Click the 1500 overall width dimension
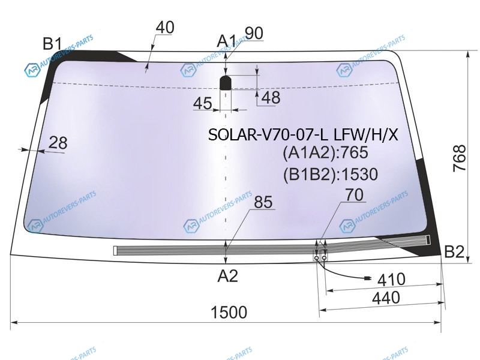(x=229, y=312)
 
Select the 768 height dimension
(x=460, y=158)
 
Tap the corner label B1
(x=52, y=43)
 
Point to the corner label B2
(x=454, y=251)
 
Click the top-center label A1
(x=227, y=41)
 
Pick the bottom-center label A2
(x=228, y=276)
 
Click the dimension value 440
(x=386, y=298)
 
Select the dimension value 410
(x=391, y=279)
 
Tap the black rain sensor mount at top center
(x=226, y=82)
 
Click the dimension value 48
(x=271, y=98)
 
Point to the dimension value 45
(x=203, y=103)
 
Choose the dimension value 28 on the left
(x=58, y=143)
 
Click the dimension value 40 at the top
(x=165, y=28)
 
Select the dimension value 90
(x=254, y=33)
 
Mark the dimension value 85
(x=263, y=202)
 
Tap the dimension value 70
(x=355, y=194)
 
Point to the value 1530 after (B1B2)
(x=359, y=175)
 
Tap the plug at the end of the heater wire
(x=367, y=278)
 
